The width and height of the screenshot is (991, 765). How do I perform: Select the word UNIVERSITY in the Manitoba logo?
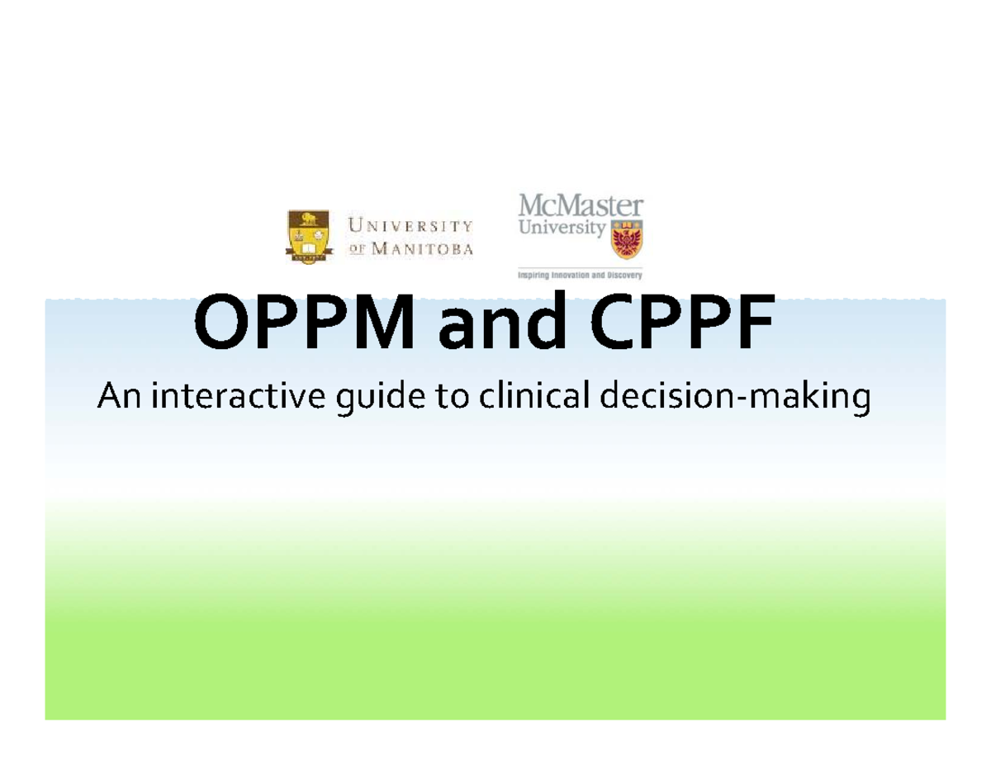click(x=411, y=224)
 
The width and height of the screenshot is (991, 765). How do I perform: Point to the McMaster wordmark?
click(x=579, y=205)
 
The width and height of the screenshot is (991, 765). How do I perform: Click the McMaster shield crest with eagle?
click(x=626, y=238)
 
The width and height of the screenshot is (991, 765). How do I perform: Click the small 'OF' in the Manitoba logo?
click(x=359, y=248)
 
